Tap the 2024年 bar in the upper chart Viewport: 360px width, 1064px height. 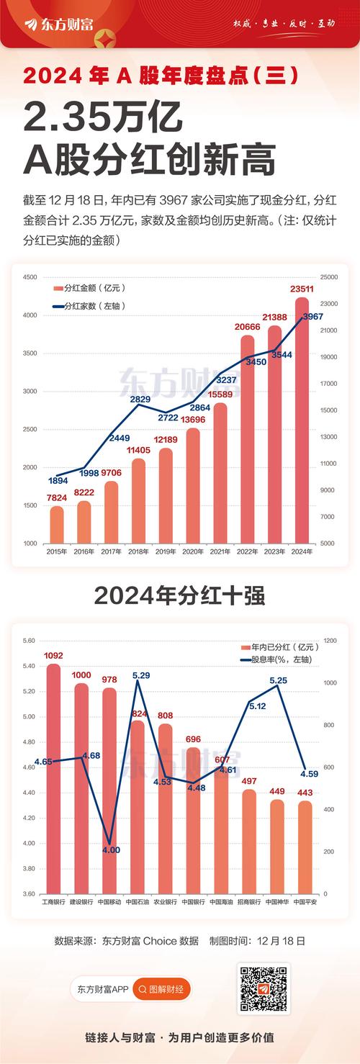tap(302, 421)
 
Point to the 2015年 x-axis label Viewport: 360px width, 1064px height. tap(55, 551)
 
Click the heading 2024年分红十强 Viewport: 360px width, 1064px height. tap(179, 596)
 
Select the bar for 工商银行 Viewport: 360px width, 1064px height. tap(54, 777)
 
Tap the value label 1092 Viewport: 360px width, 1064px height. tap(54, 656)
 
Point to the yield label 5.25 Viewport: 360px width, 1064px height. tap(279, 680)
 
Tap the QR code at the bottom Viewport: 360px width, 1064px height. tap(263, 990)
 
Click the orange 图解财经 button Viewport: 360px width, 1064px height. tap(162, 990)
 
